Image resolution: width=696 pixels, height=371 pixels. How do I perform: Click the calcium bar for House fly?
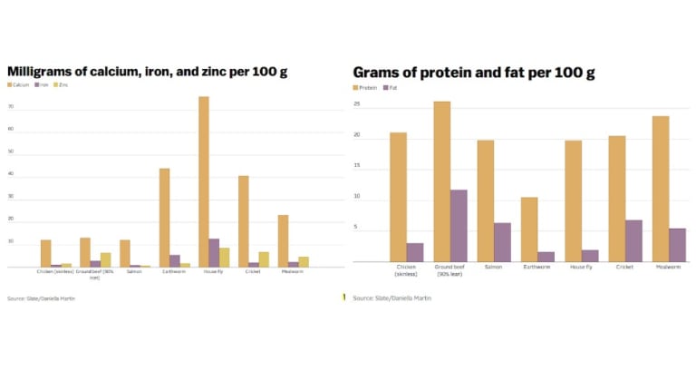click(x=204, y=181)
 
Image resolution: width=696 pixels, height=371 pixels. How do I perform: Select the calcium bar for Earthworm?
click(x=164, y=218)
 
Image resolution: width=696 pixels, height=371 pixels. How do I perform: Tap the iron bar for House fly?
click(x=215, y=253)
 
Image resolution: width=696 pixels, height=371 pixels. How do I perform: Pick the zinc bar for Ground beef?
click(x=106, y=259)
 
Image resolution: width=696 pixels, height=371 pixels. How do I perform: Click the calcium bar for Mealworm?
click(x=283, y=240)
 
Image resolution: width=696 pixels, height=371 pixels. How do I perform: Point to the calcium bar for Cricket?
click(x=243, y=221)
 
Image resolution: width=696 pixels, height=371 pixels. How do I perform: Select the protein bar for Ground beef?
click(x=441, y=181)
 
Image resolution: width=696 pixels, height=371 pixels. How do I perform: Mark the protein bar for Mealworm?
click(x=660, y=189)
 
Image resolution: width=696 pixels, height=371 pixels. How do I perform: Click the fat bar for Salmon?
click(x=502, y=242)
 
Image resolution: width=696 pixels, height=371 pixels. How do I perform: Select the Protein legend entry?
click(x=365, y=88)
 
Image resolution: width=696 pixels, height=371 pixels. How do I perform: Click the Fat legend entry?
click(x=391, y=88)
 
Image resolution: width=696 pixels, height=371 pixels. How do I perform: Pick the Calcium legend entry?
click(x=20, y=84)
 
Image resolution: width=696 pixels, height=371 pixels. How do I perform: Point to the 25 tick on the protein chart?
click(x=357, y=104)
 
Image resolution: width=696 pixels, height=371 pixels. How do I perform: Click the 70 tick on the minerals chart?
click(x=11, y=106)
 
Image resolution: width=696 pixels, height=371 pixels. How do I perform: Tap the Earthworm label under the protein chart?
click(x=536, y=267)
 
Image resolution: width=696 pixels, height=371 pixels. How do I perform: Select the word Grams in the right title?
click(x=374, y=72)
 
